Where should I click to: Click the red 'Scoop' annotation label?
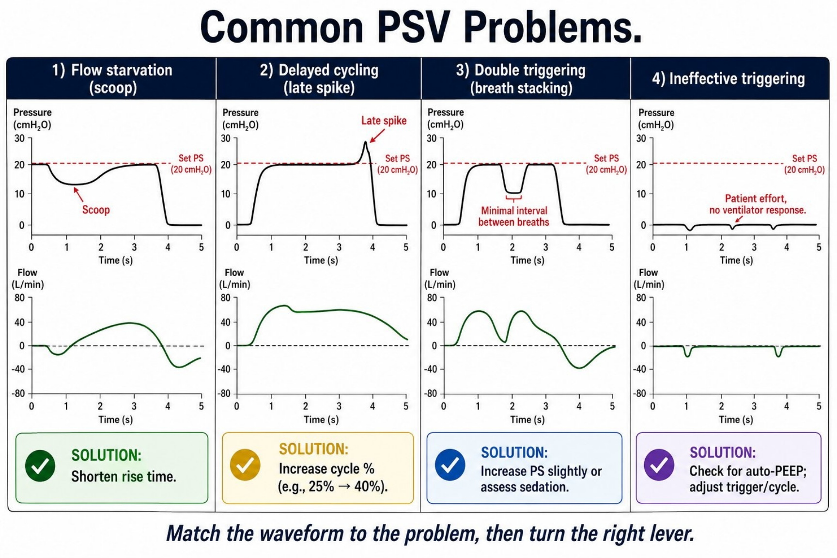(96, 210)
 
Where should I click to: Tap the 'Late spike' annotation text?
(384, 121)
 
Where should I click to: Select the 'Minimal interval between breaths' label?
(514, 217)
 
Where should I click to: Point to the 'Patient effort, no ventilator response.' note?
(757, 204)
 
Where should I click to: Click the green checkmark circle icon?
(40, 466)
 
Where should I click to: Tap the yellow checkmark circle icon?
(245, 465)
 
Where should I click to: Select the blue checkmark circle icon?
(450, 465)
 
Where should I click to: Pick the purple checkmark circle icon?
(659, 465)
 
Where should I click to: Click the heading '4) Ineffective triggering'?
(728, 78)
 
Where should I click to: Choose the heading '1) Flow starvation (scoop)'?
(112, 79)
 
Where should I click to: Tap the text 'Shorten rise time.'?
(124, 477)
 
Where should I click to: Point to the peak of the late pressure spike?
(366, 141)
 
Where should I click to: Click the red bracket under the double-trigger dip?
(513, 198)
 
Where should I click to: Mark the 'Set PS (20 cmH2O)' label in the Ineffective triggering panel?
(804, 164)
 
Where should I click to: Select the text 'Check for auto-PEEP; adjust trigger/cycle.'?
(747, 479)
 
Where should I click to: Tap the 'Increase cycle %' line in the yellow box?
(326, 469)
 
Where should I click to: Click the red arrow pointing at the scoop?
(78, 194)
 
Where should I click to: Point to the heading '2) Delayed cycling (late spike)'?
(319, 79)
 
